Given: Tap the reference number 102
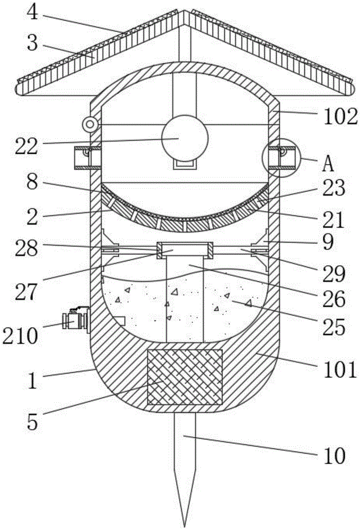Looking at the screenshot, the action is coord(340,117).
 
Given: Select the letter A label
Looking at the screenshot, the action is coord(328,164).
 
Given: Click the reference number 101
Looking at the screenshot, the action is coord(340,369).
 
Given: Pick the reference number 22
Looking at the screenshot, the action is coord(27,146).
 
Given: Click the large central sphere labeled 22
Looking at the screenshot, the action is coord(185,138).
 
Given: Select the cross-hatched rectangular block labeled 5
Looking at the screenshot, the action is coord(185,377).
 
